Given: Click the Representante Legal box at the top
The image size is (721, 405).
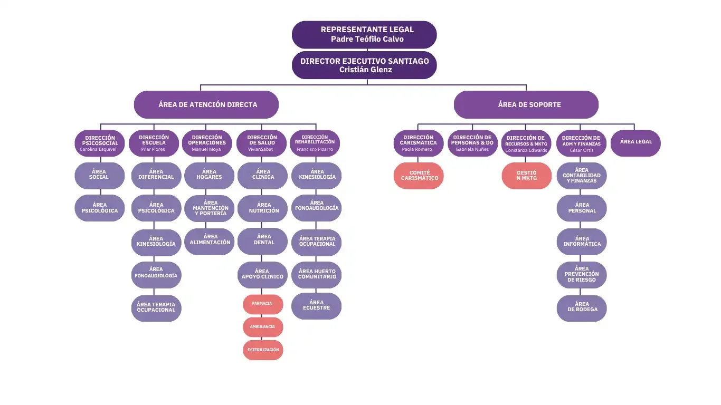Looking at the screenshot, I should point(364,34).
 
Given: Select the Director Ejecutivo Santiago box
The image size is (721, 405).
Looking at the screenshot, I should point(364,65).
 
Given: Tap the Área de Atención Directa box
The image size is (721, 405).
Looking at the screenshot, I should point(206,104).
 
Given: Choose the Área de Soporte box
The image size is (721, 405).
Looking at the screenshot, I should point(526,104).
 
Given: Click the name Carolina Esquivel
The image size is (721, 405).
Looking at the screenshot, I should point(98,150).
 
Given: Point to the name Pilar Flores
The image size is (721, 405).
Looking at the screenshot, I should point(153,150).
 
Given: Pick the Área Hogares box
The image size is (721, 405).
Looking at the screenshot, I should point(209,175).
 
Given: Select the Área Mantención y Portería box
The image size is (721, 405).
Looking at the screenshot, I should point(209,208).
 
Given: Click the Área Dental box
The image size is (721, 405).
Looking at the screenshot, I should point(263,240).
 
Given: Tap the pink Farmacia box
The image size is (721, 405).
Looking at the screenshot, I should point(263,304).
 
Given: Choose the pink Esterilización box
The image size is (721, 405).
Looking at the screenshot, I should point(263,350).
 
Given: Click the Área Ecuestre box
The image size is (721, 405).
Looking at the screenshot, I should point(317,306).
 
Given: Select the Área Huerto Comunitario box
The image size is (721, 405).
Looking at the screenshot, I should point(317,274).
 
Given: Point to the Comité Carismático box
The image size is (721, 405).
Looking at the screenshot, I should point(419,176).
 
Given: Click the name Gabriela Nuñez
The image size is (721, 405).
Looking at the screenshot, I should point(472,150).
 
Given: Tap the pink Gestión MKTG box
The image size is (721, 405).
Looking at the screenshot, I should point(526,176).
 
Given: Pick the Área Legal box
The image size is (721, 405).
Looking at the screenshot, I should point(635,142).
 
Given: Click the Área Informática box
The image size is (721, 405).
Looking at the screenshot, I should point(582,242).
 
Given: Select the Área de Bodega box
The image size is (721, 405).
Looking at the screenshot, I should point(582,307).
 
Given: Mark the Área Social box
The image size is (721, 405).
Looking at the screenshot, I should point(99,175).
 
